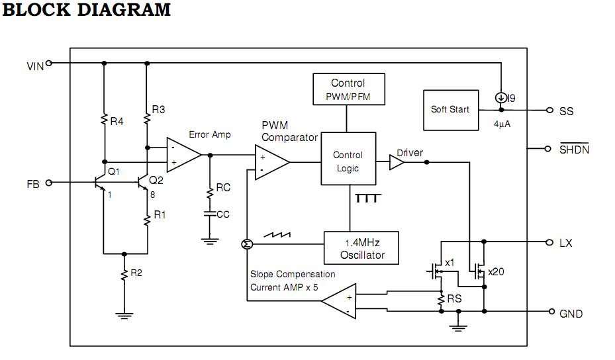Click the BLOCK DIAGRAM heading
(x=87, y=11)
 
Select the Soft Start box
(x=450, y=109)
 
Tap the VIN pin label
(x=35, y=66)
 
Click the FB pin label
(x=33, y=184)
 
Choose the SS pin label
(x=567, y=111)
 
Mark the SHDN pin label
(x=574, y=150)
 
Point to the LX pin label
(x=566, y=244)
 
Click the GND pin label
(x=571, y=314)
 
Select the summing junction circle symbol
(x=246, y=245)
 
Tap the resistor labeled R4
(x=104, y=120)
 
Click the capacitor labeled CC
(x=210, y=214)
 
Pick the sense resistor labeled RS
(x=441, y=300)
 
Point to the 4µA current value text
(x=501, y=123)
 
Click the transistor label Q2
(x=156, y=179)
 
